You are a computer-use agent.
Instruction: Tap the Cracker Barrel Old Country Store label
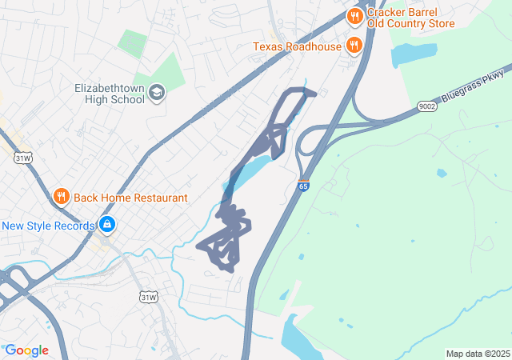(x=411, y=17)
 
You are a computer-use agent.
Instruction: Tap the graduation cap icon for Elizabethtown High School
(x=157, y=93)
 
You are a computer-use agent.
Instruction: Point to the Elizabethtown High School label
(x=109, y=93)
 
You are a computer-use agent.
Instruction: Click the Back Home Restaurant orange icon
(x=61, y=197)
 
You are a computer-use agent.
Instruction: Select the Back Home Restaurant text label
(x=130, y=198)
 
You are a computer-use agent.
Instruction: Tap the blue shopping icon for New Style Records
(x=106, y=225)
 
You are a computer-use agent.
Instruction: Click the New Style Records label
(x=48, y=226)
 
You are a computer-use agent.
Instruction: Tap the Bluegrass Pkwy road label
(x=475, y=86)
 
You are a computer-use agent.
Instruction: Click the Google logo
(x=26, y=350)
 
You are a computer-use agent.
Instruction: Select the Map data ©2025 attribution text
(x=477, y=354)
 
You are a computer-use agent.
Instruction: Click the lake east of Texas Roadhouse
(x=413, y=54)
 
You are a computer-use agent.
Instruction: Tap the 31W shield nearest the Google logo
(x=148, y=298)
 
